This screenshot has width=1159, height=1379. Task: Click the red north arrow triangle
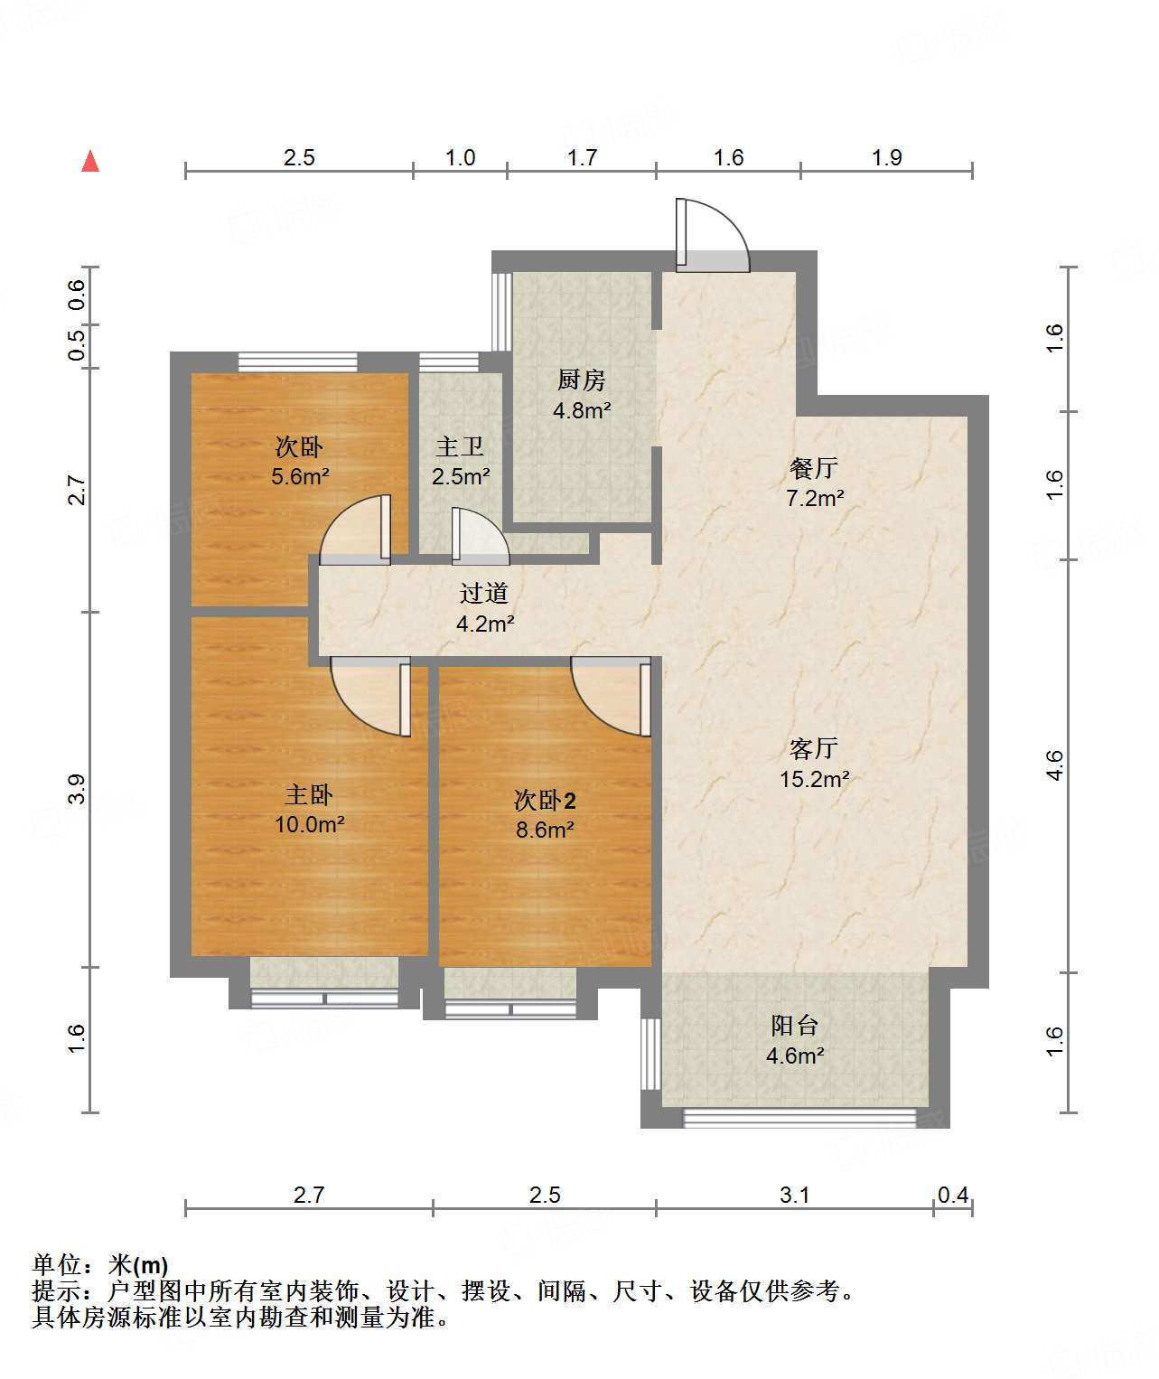(90, 161)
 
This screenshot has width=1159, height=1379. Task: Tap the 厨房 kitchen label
(581, 380)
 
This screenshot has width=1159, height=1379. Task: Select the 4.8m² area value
(582, 411)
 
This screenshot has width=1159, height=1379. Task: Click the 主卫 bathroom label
(460, 447)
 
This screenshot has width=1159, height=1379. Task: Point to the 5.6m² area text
(300, 476)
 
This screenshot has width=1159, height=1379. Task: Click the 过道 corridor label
(484, 593)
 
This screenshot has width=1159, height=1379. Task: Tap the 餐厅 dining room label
(814, 468)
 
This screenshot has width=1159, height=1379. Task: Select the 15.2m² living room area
(814, 779)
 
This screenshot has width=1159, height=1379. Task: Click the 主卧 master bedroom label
(309, 794)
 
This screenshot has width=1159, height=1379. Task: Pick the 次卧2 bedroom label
(545, 801)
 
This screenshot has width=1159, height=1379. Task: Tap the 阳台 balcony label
(794, 1025)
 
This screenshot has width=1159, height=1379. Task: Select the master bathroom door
(481, 536)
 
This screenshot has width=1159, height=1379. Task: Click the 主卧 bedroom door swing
(370, 696)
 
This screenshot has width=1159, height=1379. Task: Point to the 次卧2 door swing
(611, 696)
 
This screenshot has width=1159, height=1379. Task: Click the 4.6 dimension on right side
(1054, 765)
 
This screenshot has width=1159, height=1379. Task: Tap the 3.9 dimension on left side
(77, 789)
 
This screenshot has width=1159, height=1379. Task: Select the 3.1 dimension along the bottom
(794, 1194)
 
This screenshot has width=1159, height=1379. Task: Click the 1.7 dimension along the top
(582, 157)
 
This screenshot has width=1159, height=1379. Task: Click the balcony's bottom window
(799, 1118)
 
